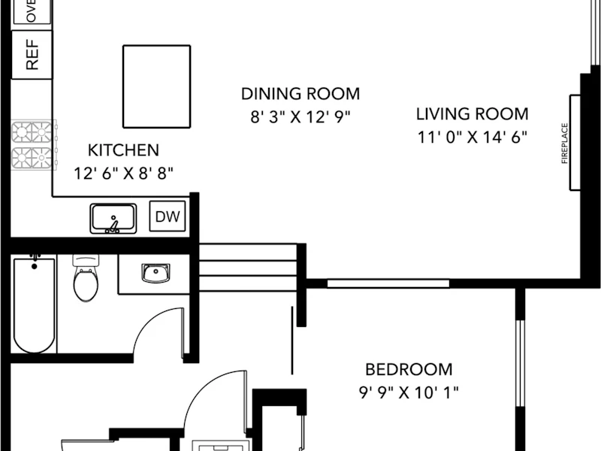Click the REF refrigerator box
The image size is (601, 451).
coord(32,55)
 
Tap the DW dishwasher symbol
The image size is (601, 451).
coord(168,216)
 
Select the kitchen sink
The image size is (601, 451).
coord(113,219)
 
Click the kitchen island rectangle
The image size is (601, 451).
coord(156,86)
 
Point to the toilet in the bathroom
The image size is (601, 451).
coord(86,278)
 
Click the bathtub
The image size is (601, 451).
coord(34,304)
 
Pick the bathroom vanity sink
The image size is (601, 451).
coord(156,273)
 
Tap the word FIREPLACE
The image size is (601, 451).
coord(564,143)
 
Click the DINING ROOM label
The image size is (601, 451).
coord(300,94)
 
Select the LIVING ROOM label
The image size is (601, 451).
coord(473,114)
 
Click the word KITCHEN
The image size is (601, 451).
coord(123,150)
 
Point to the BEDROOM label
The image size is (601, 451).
coord(409,369)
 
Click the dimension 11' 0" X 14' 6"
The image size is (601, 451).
coord(473,137)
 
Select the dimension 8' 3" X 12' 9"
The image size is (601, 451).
coord(300,117)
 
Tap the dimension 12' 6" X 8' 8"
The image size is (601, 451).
coord(123,173)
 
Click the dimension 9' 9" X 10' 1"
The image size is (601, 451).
coord(409,392)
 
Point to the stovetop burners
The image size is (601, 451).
coord(34,145)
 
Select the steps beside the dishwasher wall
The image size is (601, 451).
coord(249,268)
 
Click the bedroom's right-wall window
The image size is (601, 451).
coord(520,363)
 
